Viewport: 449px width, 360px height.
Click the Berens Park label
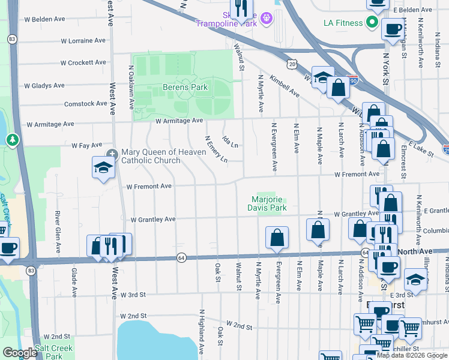point(185,87)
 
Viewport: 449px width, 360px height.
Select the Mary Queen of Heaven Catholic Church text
point(151,156)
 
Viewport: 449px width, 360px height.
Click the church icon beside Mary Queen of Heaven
point(113,152)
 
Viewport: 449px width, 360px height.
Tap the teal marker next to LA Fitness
point(372,23)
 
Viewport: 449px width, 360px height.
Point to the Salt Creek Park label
point(54,352)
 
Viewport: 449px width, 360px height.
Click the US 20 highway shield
point(292,63)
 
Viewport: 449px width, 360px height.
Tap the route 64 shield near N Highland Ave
point(181,257)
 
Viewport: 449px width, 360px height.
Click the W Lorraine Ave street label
point(83,41)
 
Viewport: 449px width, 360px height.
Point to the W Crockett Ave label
point(83,62)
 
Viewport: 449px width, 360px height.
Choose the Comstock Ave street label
point(86,104)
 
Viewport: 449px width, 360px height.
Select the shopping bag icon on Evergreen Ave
point(277,238)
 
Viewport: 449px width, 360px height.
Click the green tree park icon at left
point(12,140)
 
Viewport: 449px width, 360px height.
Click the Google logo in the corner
point(20,353)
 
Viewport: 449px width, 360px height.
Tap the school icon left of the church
point(103,168)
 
